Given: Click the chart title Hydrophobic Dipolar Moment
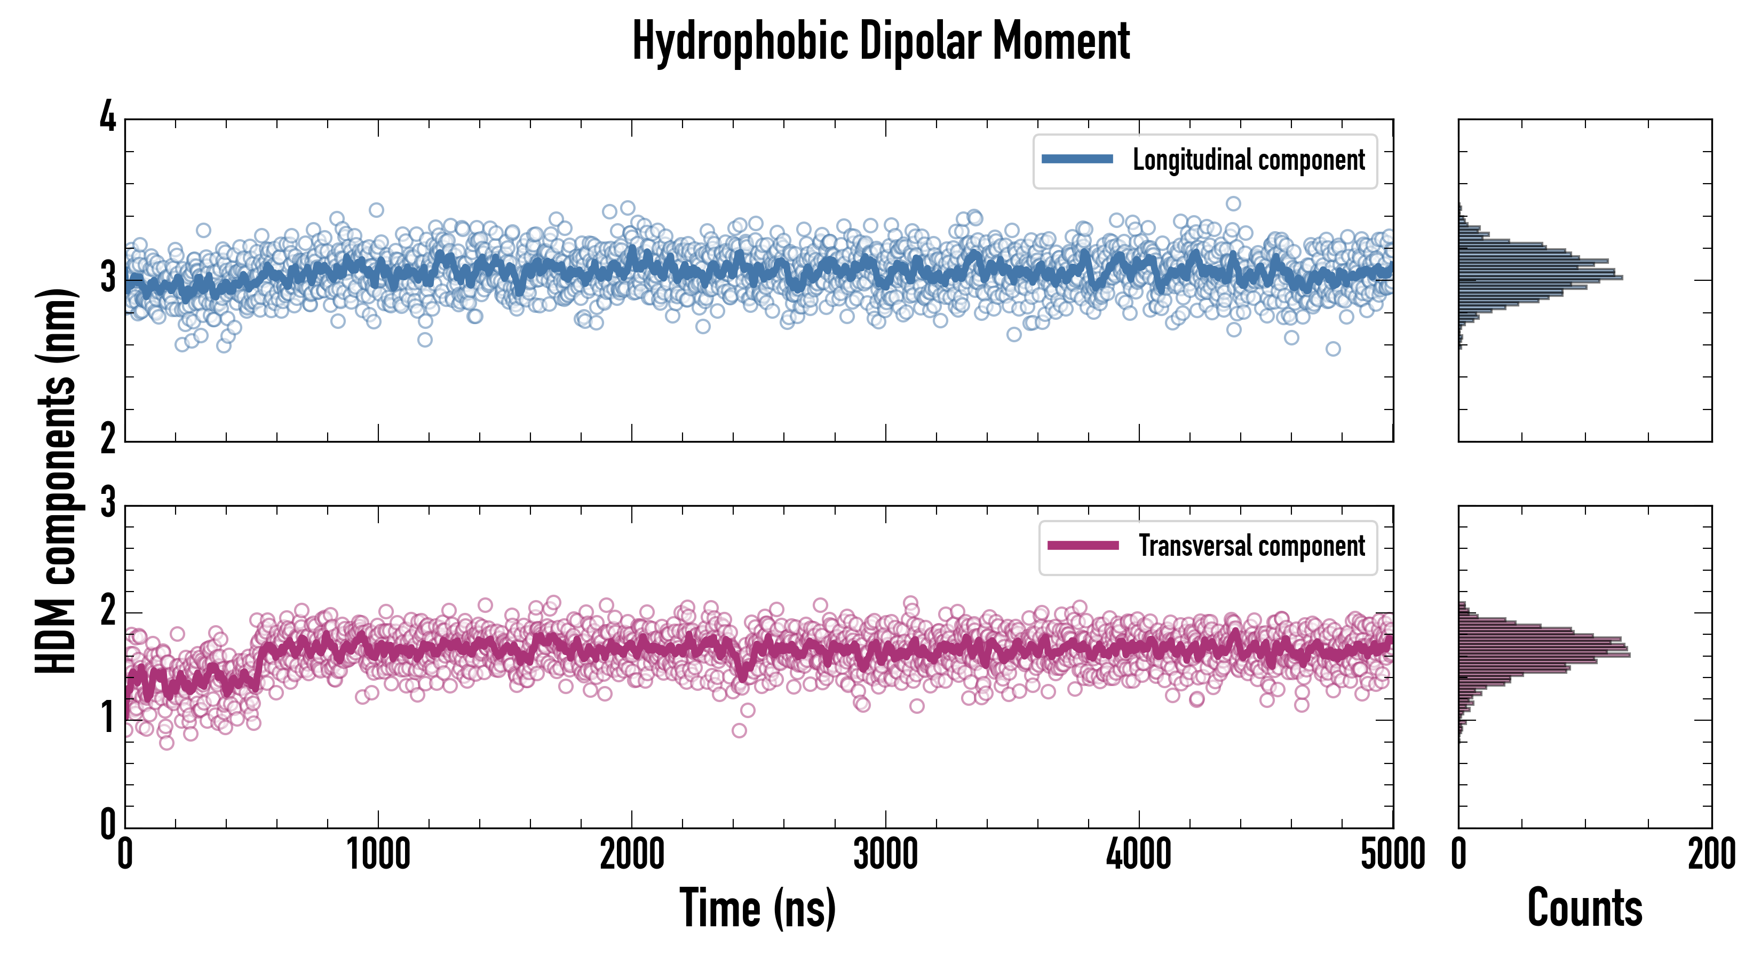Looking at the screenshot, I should [x=881, y=41].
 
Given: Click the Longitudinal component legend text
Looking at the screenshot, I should [x=1248, y=160].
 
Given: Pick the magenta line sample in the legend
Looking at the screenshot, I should [x=1083, y=546].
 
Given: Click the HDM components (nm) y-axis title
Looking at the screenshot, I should [x=56, y=482].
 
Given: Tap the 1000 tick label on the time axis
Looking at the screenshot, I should [x=378, y=855].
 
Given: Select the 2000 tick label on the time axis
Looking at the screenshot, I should [x=632, y=855].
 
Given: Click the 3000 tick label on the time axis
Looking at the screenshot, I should [x=885, y=855].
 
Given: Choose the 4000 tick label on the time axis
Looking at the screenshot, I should [x=1139, y=855].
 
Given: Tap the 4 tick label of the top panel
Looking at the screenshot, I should [x=108, y=117].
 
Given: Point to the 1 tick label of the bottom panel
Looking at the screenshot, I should [x=108, y=718].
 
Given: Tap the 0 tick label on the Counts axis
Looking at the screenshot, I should [x=1459, y=855].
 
